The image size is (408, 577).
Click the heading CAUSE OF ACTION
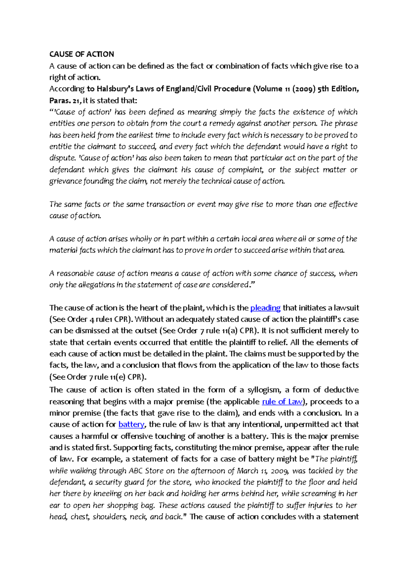tap(82, 54)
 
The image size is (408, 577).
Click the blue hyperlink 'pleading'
tap(265, 308)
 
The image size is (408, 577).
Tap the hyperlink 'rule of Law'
tap(282, 402)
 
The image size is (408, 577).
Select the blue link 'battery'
tap(131, 424)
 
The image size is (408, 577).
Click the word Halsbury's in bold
tap(115, 89)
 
